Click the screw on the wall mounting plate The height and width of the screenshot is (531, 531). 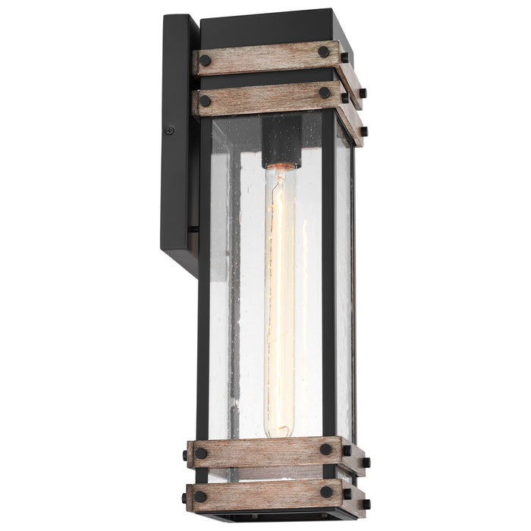[x=169, y=130]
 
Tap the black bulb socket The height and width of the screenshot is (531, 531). [x=281, y=142]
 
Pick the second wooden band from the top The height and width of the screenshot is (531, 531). [x=265, y=97]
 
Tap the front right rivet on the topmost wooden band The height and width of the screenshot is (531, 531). [x=324, y=52]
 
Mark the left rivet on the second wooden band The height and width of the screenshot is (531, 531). [x=205, y=101]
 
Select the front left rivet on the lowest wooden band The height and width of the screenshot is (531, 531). [x=200, y=497]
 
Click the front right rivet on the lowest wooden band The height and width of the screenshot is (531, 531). [x=325, y=492]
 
